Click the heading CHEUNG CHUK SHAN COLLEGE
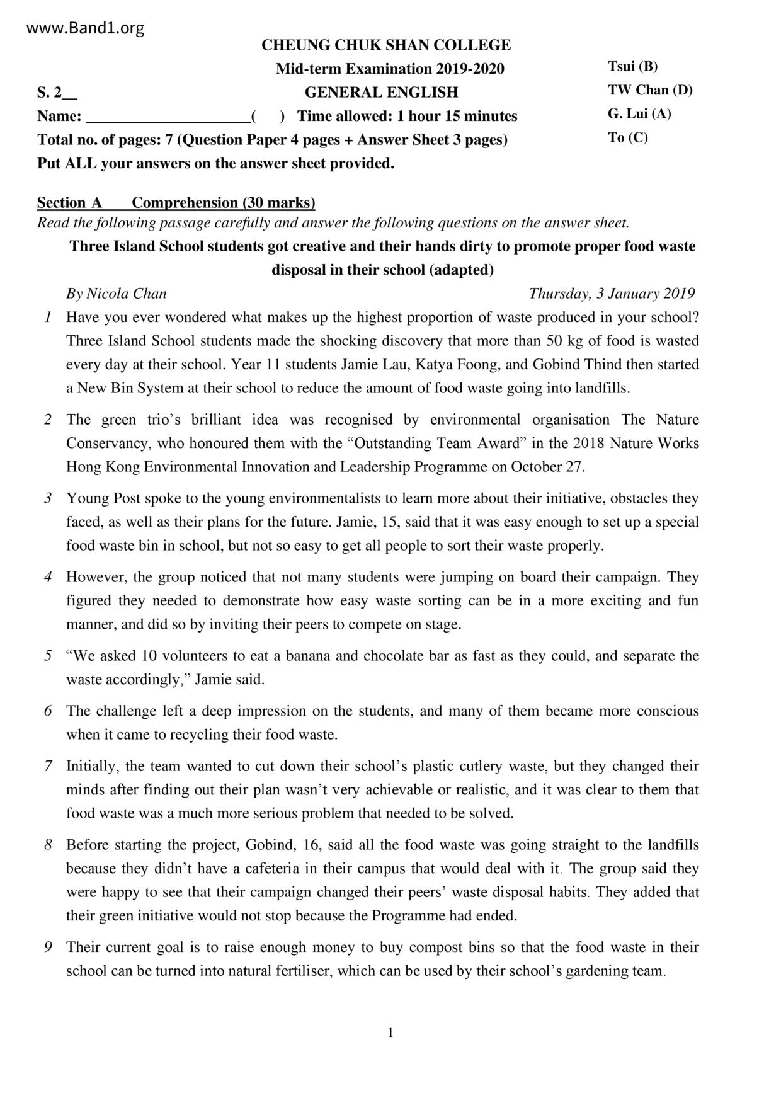click(x=386, y=45)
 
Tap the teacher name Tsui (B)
click(x=632, y=67)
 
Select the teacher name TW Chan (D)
click(x=650, y=90)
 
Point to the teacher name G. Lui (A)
click(x=639, y=114)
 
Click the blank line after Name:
click(x=168, y=117)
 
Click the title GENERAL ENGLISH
click(x=381, y=93)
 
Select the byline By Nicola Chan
click(x=117, y=294)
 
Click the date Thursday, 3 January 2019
click(x=612, y=294)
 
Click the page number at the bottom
click(x=390, y=1033)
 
